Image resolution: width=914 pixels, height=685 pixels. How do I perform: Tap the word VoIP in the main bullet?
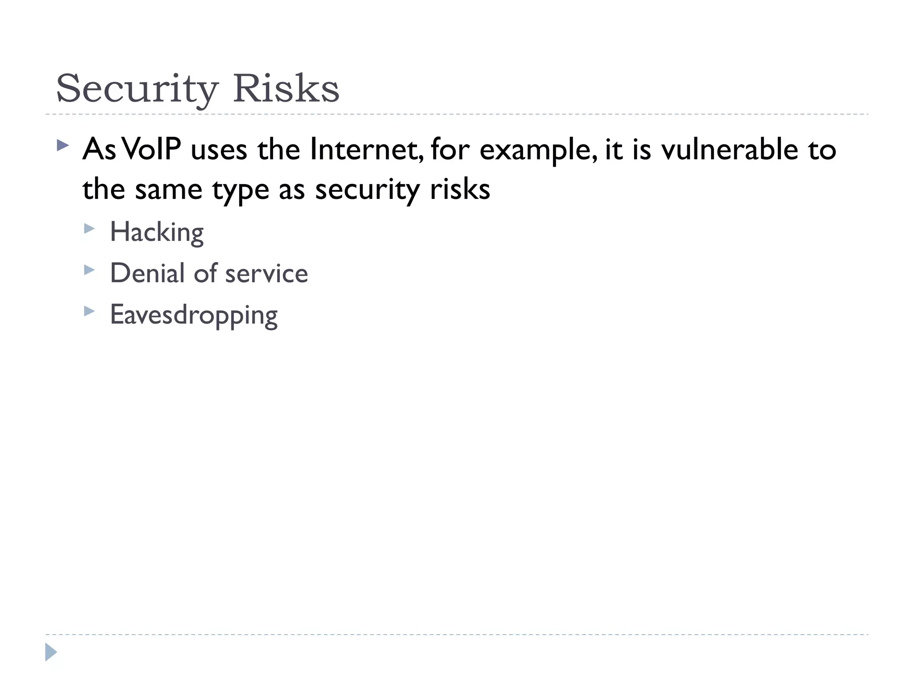[x=151, y=149]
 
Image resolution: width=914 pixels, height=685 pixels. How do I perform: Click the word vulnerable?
[x=729, y=149]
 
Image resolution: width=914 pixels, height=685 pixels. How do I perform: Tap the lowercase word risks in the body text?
[x=460, y=189]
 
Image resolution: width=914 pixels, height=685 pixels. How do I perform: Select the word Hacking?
[x=157, y=232]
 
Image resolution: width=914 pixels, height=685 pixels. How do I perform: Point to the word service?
[x=266, y=273]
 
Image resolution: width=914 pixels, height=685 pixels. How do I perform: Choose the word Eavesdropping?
[x=194, y=315]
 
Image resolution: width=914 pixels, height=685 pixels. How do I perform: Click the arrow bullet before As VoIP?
[x=63, y=145]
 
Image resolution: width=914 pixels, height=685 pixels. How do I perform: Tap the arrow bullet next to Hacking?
[x=89, y=229]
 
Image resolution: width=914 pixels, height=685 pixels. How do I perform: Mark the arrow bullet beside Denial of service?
[x=89, y=270]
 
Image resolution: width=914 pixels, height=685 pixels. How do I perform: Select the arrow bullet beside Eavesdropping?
[x=89, y=311]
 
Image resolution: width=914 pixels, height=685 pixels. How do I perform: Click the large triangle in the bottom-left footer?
[x=51, y=652]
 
